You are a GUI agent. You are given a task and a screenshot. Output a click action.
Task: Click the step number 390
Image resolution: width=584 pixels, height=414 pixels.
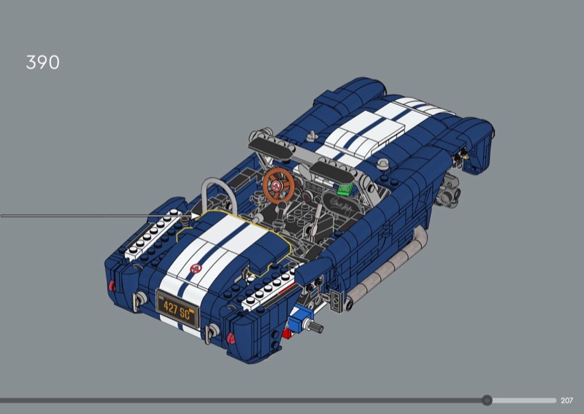[x=42, y=63]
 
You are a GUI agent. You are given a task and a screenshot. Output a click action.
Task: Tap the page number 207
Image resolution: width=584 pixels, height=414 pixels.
[x=567, y=401]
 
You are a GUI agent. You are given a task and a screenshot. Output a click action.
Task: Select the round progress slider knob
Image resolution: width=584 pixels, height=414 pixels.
[x=487, y=400]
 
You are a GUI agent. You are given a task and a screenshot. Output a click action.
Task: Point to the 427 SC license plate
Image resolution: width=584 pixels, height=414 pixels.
[x=177, y=309]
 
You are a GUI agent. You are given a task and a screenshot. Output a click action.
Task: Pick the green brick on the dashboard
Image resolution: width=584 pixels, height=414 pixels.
[x=345, y=190]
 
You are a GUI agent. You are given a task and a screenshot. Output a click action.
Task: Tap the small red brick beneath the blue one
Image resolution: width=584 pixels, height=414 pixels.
[x=287, y=333]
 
